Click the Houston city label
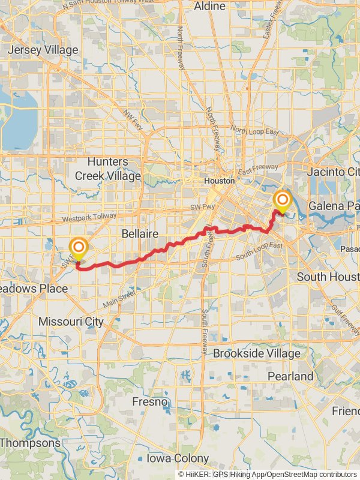219,181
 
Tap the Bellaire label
139,233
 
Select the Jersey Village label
43,50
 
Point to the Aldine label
210,7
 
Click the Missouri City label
71,322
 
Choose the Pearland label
291,376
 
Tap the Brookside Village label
256,353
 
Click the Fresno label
149,401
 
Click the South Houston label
328,277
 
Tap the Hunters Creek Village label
108,169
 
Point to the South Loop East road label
259,251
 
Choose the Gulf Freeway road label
347,321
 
